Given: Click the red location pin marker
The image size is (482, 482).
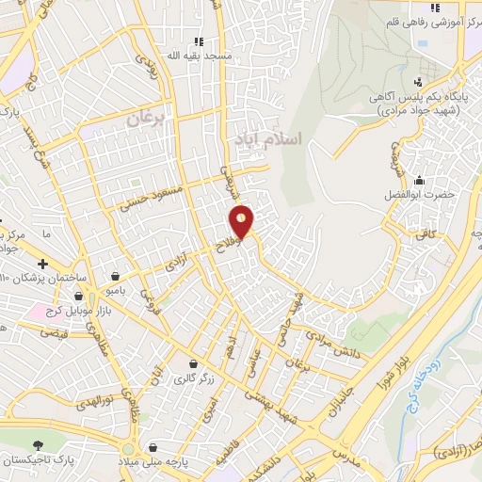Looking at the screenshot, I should point(242,222).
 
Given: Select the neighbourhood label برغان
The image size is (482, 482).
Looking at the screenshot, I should point(146,120).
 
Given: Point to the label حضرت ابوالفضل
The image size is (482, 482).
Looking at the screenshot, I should point(422,194).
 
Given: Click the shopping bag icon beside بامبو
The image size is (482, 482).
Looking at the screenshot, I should point(114,277).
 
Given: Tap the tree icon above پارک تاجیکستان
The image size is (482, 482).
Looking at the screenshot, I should point(38,444).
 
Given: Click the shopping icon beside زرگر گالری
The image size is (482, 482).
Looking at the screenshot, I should point(193,364).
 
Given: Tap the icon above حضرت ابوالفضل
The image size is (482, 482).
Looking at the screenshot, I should point(420,180).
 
